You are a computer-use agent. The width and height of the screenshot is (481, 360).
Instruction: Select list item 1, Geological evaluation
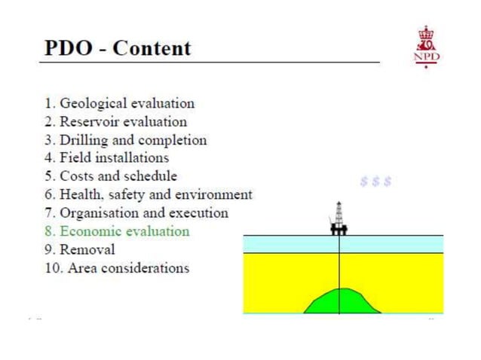(120, 103)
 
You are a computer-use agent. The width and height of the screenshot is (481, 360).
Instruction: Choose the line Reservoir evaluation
(116, 121)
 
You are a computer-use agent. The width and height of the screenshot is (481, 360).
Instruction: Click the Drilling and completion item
(126, 140)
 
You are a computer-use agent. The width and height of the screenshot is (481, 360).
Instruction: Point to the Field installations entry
(107, 158)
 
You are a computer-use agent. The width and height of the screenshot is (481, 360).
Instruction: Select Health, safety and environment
(149, 194)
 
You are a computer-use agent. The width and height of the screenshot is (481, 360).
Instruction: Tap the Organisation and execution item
(137, 212)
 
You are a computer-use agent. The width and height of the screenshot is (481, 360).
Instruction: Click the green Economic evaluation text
(118, 231)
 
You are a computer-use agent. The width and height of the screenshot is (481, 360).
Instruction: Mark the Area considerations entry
(118, 267)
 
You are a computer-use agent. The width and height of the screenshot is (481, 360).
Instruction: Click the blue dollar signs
(375, 182)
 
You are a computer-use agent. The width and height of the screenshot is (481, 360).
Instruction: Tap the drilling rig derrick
(339, 216)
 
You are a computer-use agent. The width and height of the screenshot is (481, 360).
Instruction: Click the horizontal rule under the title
(211, 63)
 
